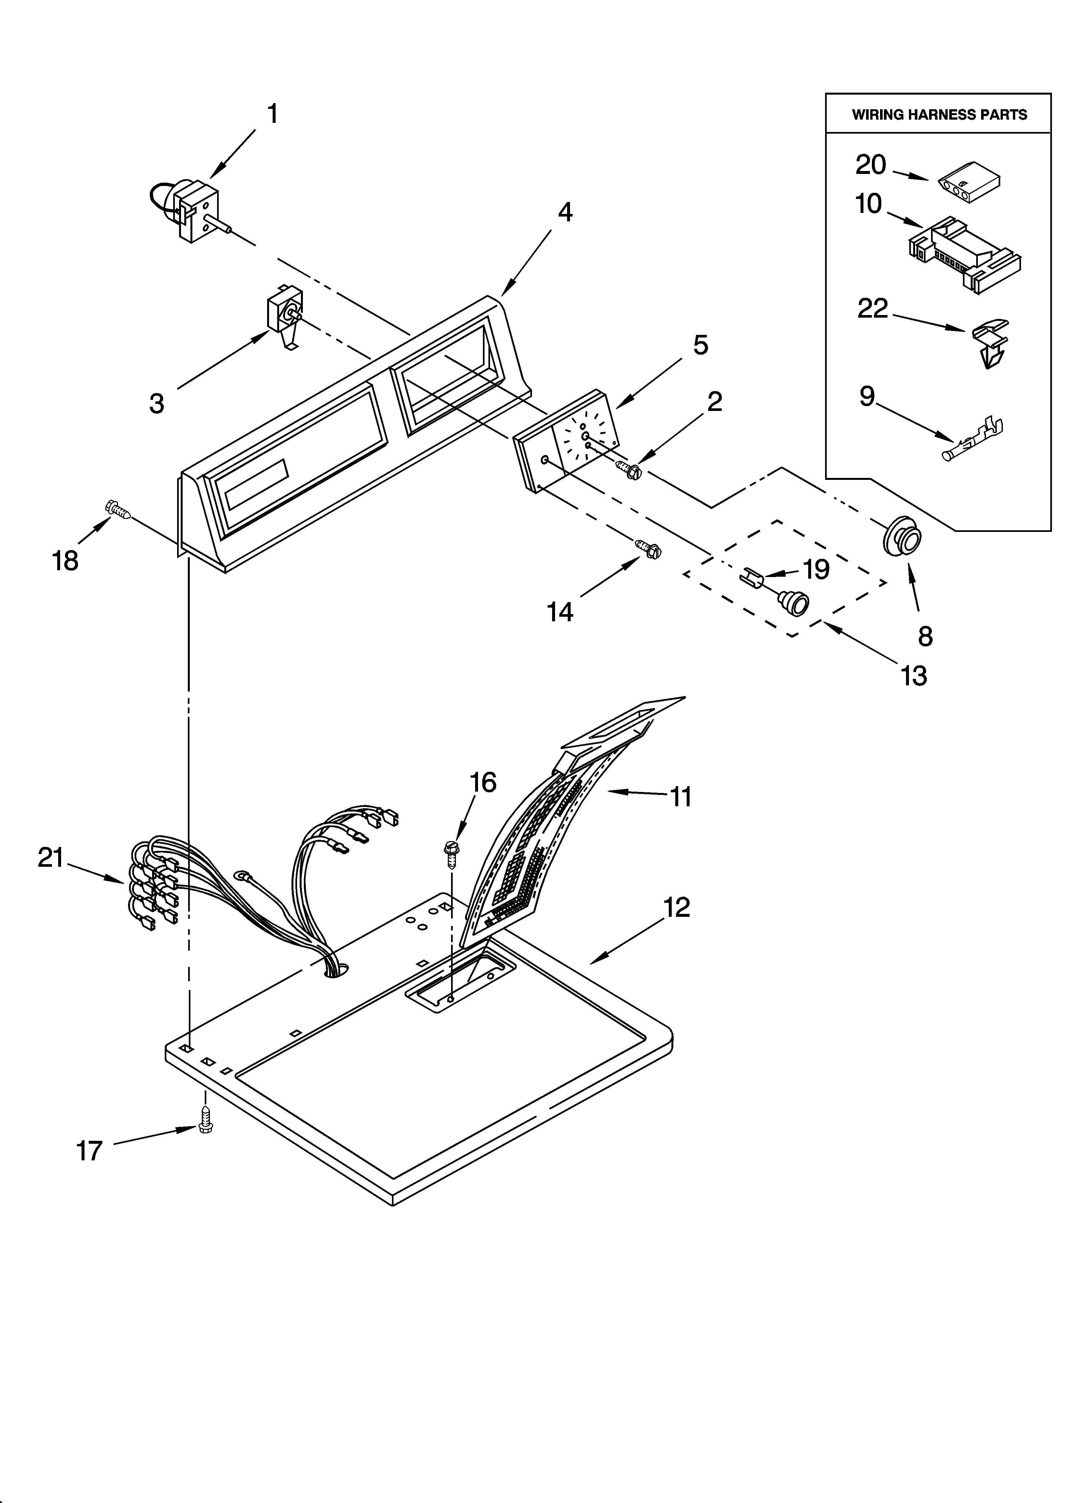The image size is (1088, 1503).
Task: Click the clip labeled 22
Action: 992,341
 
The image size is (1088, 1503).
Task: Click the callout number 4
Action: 564,212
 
